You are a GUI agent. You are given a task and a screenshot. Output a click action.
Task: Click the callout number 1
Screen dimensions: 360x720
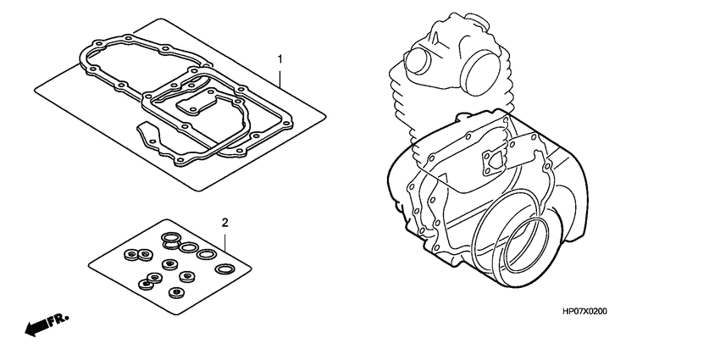[280, 58]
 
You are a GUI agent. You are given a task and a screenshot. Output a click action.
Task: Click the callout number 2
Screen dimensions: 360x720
[224, 223]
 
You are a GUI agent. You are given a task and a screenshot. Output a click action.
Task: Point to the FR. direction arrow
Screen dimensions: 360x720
[47, 325]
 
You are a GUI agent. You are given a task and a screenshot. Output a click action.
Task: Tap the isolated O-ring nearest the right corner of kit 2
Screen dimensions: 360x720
[225, 269]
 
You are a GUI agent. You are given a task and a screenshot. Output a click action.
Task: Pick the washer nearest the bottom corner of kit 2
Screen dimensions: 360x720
[176, 293]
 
